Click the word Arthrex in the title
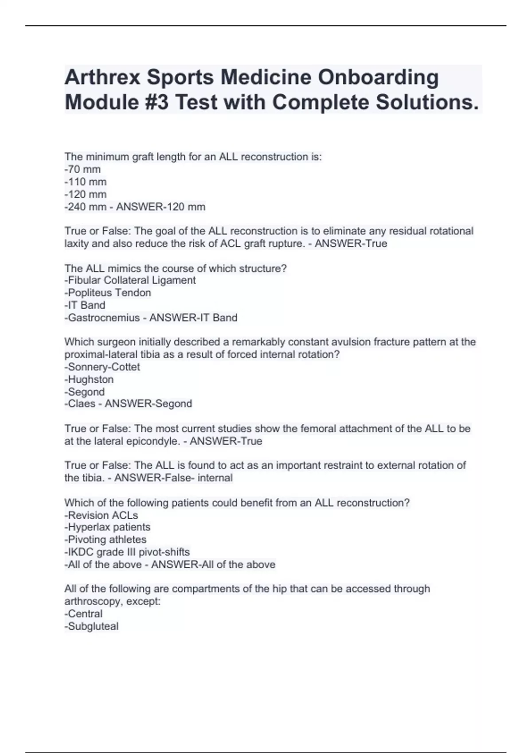click(102, 78)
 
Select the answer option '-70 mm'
click(82, 169)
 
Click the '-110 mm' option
click(86, 182)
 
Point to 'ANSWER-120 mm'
click(160, 207)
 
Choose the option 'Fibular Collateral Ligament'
click(130, 280)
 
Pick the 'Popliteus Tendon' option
click(108, 293)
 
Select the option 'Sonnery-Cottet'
click(102, 367)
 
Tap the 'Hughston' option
click(89, 380)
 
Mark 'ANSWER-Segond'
click(148, 404)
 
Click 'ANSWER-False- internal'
click(173, 478)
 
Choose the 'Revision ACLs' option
click(101, 516)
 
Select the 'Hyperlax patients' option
click(107, 527)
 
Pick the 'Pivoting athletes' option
click(105, 540)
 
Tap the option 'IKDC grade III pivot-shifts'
click(127, 552)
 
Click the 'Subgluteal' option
click(91, 626)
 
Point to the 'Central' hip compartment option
click(83, 614)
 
